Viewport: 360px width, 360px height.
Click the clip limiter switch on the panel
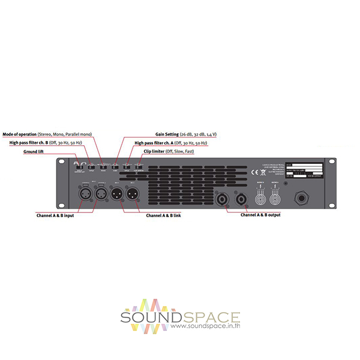tap(139, 166)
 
